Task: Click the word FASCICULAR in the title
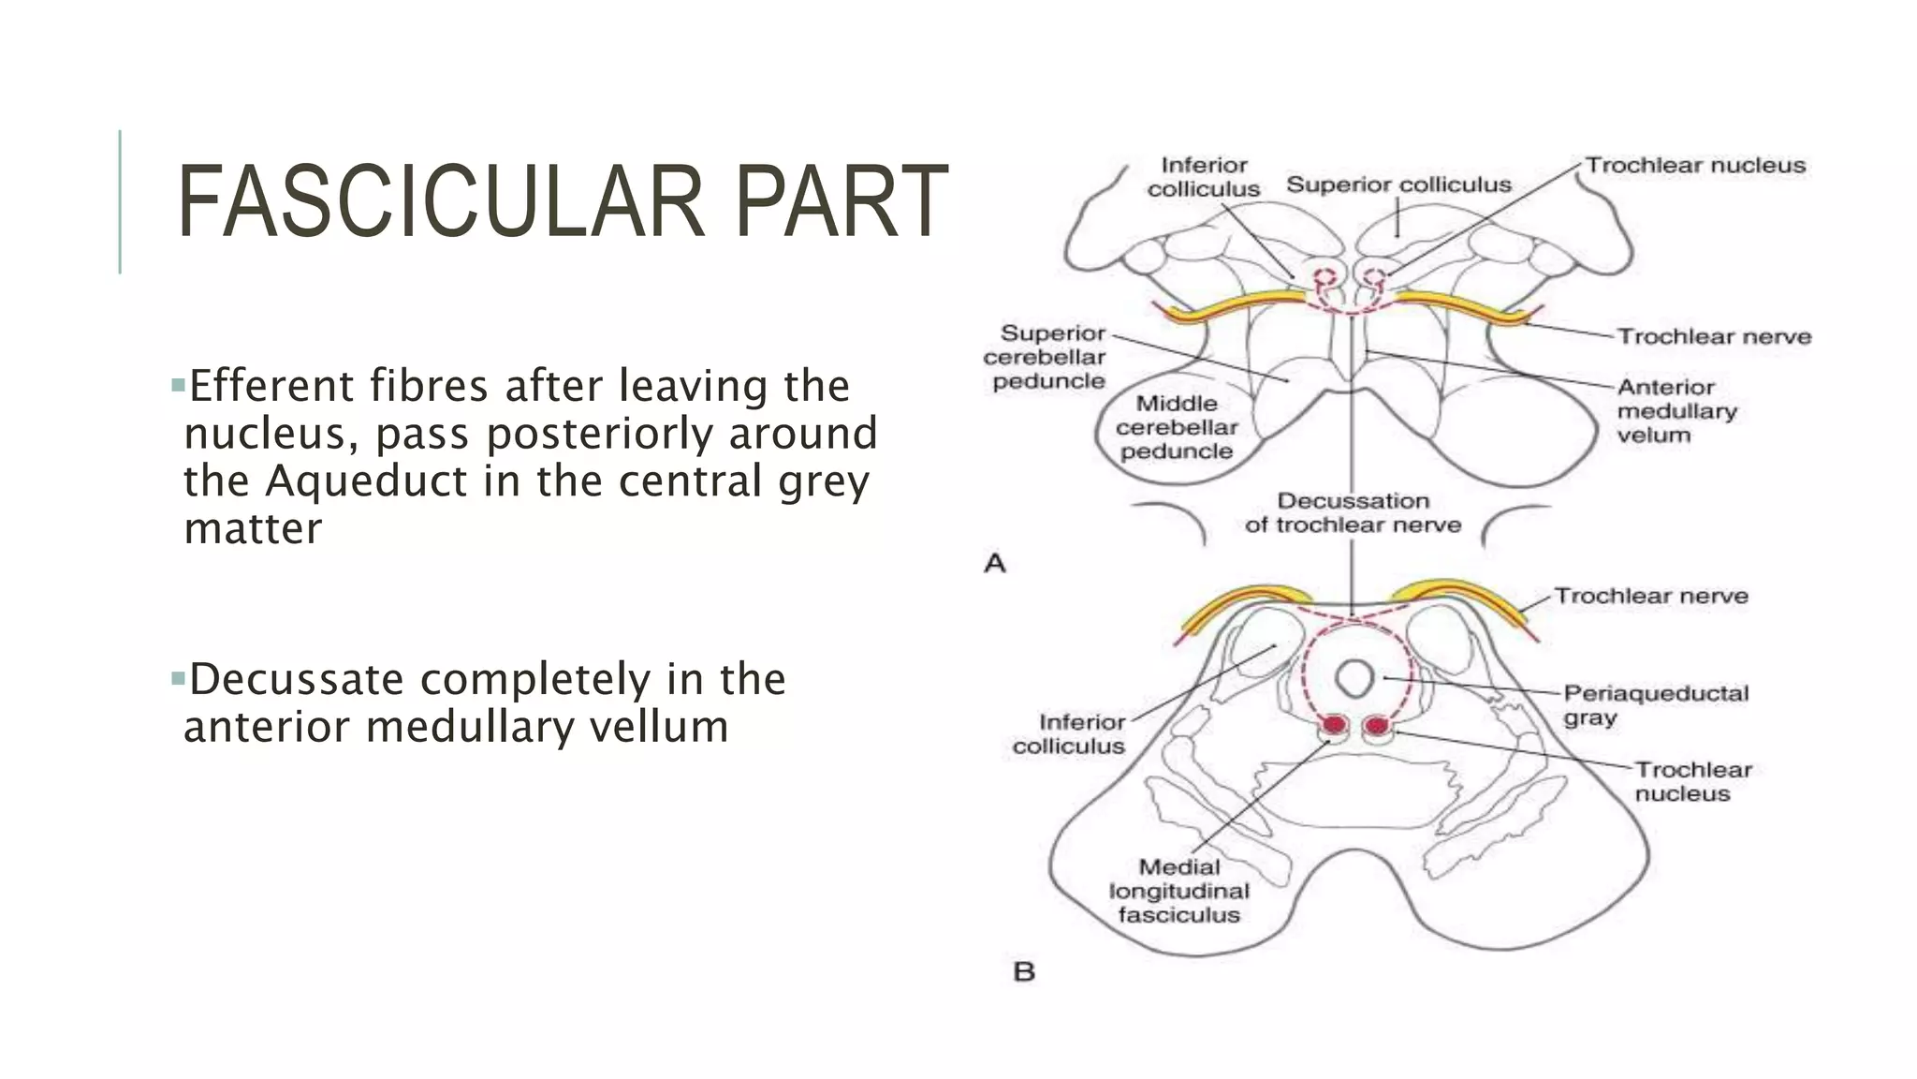tap(441, 202)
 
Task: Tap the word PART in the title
tap(841, 202)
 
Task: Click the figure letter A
tap(995, 563)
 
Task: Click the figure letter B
tap(1024, 971)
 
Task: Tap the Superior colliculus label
tap(1398, 185)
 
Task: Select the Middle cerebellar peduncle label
tap(1177, 427)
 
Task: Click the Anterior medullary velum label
tap(1676, 410)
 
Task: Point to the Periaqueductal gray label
tap(1655, 705)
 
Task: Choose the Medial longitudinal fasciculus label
tap(1178, 891)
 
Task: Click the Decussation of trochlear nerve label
tap(1353, 512)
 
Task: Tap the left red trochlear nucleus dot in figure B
tap(1334, 725)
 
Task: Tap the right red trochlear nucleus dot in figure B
tap(1377, 725)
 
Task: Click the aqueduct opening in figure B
tap(1354, 678)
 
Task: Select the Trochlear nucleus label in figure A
tap(1695, 166)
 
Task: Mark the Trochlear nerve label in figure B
tap(1651, 596)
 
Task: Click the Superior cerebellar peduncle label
tap(1046, 357)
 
